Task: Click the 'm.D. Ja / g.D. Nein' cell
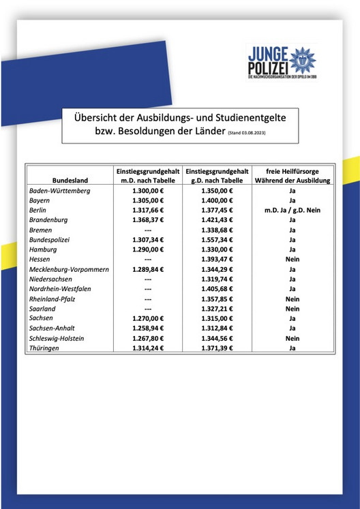pos(292,211)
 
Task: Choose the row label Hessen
pos(41,260)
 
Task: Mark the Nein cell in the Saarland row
pos(292,309)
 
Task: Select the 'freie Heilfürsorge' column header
pos(292,170)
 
